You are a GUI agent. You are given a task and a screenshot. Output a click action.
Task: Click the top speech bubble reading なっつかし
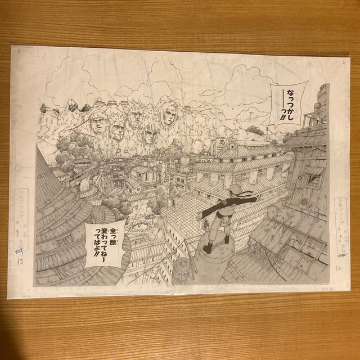287,101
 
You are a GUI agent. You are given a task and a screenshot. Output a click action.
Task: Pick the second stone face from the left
116,132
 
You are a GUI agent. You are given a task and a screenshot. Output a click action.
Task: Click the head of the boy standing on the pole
220,201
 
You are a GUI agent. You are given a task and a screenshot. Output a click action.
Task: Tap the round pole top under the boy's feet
214,248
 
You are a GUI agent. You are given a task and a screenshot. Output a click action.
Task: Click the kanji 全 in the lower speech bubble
109,230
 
